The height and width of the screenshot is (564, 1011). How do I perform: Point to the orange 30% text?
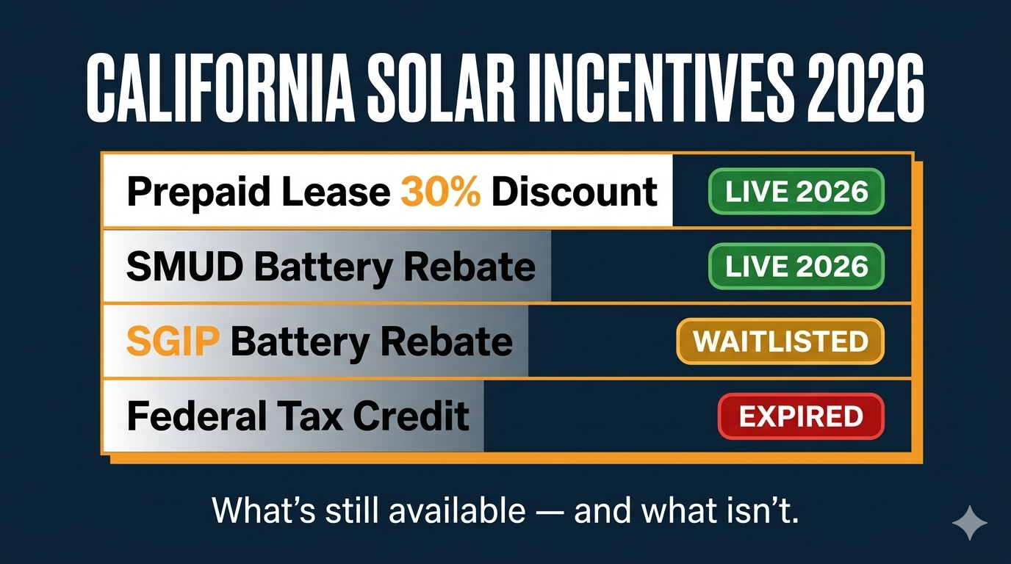(x=441, y=192)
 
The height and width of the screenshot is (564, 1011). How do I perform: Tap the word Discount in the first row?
(x=574, y=192)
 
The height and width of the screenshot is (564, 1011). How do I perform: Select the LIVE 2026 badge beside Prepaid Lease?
(x=796, y=192)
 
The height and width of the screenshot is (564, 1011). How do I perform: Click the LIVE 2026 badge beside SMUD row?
(x=796, y=267)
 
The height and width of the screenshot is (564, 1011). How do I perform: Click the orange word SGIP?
(x=173, y=341)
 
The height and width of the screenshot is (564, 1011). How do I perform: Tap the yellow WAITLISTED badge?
(x=780, y=341)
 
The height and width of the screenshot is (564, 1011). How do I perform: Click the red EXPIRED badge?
(x=800, y=416)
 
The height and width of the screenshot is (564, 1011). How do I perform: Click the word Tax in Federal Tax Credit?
(x=317, y=416)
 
